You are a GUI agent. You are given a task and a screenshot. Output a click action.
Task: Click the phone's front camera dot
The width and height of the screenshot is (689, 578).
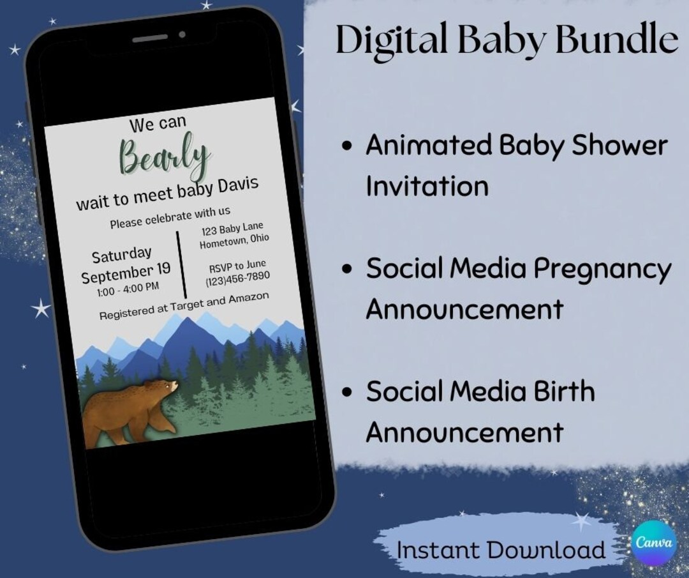(x=182, y=34)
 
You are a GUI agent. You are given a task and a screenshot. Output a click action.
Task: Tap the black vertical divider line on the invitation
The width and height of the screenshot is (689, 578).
(x=181, y=264)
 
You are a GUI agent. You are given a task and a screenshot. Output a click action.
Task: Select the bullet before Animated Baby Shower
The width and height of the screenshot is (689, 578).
(x=346, y=146)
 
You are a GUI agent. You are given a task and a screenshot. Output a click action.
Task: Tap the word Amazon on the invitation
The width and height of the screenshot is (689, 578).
(x=244, y=300)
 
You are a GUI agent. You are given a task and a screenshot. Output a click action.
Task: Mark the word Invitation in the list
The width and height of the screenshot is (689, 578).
(x=427, y=186)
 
